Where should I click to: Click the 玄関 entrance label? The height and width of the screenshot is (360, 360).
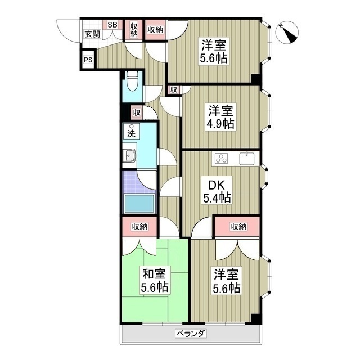(x=92, y=34)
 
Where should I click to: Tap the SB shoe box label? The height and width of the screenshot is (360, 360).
(x=112, y=25)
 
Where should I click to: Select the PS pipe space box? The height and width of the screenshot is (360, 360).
(x=88, y=60)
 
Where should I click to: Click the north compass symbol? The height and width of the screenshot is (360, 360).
(x=287, y=33)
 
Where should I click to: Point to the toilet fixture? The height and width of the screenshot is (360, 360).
(x=132, y=80)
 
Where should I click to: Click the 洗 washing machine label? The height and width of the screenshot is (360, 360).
(x=131, y=132)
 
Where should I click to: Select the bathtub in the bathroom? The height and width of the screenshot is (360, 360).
(x=139, y=203)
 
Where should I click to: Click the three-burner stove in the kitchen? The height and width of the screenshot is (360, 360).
(x=221, y=159)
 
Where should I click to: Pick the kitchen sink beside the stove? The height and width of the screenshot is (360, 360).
(x=247, y=159)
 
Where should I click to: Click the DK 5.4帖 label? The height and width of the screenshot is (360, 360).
(x=217, y=191)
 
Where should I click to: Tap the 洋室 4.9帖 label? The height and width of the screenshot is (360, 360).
(x=221, y=117)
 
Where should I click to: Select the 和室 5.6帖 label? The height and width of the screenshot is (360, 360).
(x=155, y=280)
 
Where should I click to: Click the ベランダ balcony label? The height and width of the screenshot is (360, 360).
(x=191, y=334)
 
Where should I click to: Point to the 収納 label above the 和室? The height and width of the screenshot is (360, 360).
(x=139, y=227)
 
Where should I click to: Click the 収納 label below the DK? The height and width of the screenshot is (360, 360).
(x=238, y=227)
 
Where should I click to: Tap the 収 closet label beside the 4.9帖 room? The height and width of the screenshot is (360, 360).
(x=174, y=90)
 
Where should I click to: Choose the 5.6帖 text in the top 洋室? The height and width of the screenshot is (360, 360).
(x=214, y=58)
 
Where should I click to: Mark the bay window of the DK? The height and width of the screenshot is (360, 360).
(x=264, y=177)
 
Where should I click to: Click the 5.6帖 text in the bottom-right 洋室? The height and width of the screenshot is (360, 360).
(x=227, y=287)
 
